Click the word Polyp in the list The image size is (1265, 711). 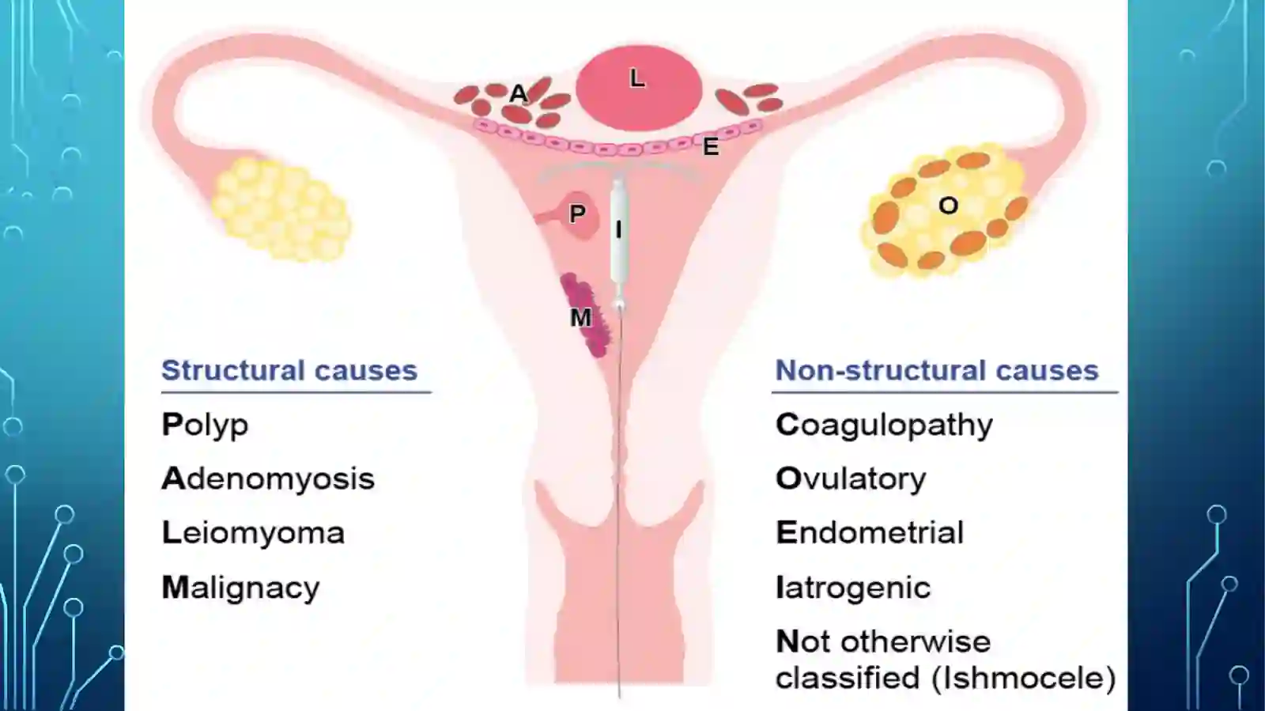coord(205,425)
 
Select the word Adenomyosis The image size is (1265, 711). coord(268,479)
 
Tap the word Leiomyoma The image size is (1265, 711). coord(253,532)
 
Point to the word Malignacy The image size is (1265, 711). coord(240,588)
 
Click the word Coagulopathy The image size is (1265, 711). coord(885,425)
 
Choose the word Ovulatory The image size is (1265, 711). coord(851,479)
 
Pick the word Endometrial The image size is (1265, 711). coord(870,532)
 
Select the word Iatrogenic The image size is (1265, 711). coord(853,588)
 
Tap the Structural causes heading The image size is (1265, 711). coord(289,370)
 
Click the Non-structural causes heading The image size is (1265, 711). coord(938,370)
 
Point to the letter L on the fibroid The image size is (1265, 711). coord(637,78)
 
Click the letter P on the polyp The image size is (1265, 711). coord(577,214)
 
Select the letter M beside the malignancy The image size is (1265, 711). coord(580,318)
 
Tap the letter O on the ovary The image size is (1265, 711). coord(948,206)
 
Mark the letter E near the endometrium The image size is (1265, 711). coord(711,147)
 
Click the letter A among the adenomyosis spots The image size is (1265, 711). coord(518,94)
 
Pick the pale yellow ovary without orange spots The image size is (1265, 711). coord(281,208)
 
